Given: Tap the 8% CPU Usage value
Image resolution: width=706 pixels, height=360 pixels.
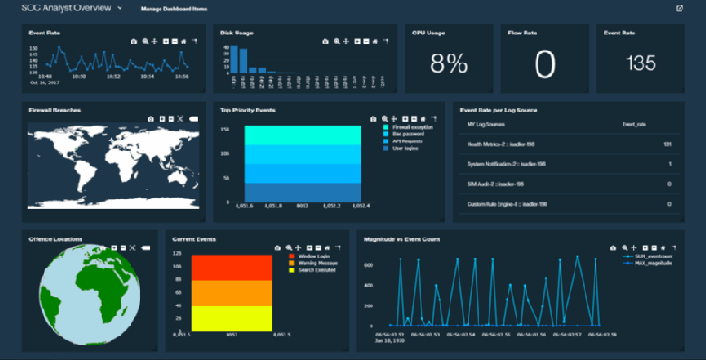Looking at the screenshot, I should tap(449, 63).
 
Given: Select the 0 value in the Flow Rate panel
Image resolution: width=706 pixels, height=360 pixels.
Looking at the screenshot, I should tap(544, 63).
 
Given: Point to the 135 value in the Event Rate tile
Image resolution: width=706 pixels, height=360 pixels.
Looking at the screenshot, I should tap(641, 63).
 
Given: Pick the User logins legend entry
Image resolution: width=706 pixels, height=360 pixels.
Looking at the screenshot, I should tap(404, 149).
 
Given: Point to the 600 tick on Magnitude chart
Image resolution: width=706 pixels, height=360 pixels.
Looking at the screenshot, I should tap(369, 264).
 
